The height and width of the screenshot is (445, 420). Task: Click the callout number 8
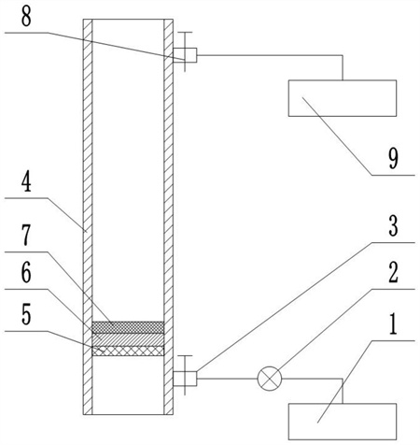(x=26, y=17)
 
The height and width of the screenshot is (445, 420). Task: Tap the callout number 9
(x=393, y=158)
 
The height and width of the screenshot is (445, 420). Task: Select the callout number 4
(x=26, y=183)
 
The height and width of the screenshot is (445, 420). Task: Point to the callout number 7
(x=26, y=236)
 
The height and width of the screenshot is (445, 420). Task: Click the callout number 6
(x=26, y=273)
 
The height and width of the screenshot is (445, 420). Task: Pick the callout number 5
(x=26, y=315)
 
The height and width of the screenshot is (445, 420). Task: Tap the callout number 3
(x=393, y=226)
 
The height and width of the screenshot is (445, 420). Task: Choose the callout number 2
(x=393, y=273)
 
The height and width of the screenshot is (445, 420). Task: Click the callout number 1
(x=393, y=324)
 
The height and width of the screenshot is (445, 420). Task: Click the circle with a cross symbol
(x=270, y=379)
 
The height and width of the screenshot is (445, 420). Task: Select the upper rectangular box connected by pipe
(x=343, y=98)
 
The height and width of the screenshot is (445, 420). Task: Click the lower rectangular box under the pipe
(x=343, y=422)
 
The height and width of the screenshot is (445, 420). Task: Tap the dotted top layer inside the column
(x=128, y=327)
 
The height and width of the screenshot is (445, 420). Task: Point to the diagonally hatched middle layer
(x=128, y=339)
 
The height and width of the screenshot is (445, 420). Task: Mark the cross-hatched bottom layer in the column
(x=128, y=352)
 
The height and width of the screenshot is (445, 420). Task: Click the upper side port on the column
(x=185, y=55)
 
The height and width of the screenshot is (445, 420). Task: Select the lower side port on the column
(x=185, y=379)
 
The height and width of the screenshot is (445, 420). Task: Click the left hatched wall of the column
(x=88, y=217)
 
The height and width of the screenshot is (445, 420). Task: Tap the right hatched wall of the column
(x=168, y=217)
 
